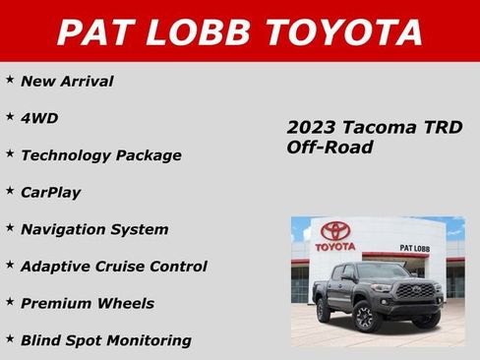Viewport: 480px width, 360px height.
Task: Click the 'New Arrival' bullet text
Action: [67, 82]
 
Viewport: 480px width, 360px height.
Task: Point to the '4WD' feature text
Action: [39, 118]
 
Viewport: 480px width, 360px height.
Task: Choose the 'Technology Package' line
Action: [101, 155]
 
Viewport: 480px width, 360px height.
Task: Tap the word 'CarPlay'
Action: [50, 192]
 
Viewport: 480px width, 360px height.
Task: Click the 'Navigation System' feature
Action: [94, 229]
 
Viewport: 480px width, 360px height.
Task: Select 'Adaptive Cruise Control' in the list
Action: [113, 267]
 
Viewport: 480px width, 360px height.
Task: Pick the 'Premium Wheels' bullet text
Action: [88, 304]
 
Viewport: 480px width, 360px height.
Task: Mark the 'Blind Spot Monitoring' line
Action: [105, 340]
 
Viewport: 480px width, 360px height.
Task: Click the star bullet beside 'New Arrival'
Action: [10, 79]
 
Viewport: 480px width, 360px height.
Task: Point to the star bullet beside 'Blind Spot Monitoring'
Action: [10, 337]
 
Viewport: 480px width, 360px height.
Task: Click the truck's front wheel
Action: [363, 317]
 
